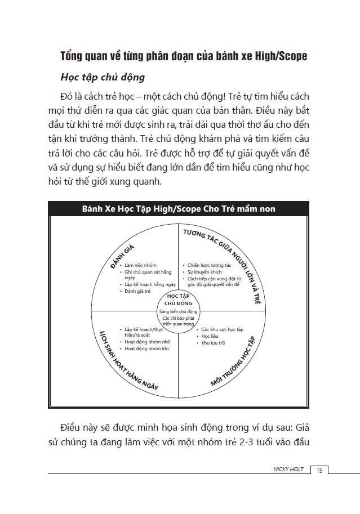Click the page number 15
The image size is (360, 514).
pyautogui.click(x=319, y=470)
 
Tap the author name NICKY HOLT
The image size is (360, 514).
pyautogui.click(x=288, y=470)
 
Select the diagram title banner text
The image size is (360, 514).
pyautogui.click(x=178, y=209)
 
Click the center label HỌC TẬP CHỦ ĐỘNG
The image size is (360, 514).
pyautogui.click(x=179, y=299)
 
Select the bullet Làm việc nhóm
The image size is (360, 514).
pyautogui.click(x=140, y=265)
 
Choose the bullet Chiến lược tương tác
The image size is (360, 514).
pyautogui.click(x=209, y=265)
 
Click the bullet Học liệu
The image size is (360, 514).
pyautogui.click(x=210, y=336)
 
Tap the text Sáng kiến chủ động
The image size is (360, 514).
pyautogui.click(x=179, y=311)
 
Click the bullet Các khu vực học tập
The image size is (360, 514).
pyautogui.click(x=222, y=329)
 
